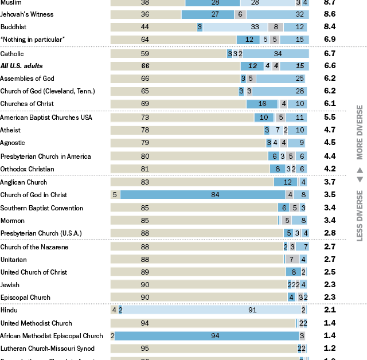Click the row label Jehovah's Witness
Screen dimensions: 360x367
27,14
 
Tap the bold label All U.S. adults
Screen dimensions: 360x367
21,66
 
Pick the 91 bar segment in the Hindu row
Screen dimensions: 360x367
212,310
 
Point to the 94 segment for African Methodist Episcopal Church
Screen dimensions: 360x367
207,336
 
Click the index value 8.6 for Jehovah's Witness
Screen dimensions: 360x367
329,14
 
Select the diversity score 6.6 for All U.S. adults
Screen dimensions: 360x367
329,66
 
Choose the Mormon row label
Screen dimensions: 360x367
13,221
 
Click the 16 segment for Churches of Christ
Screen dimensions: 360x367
262,104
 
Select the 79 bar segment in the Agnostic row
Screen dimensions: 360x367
188,143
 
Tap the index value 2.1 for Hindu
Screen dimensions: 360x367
329,310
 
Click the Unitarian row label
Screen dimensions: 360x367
14,259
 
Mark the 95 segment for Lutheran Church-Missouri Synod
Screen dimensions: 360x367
203,349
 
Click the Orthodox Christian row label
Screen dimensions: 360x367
28,169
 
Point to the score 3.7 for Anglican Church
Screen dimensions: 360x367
329,182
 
